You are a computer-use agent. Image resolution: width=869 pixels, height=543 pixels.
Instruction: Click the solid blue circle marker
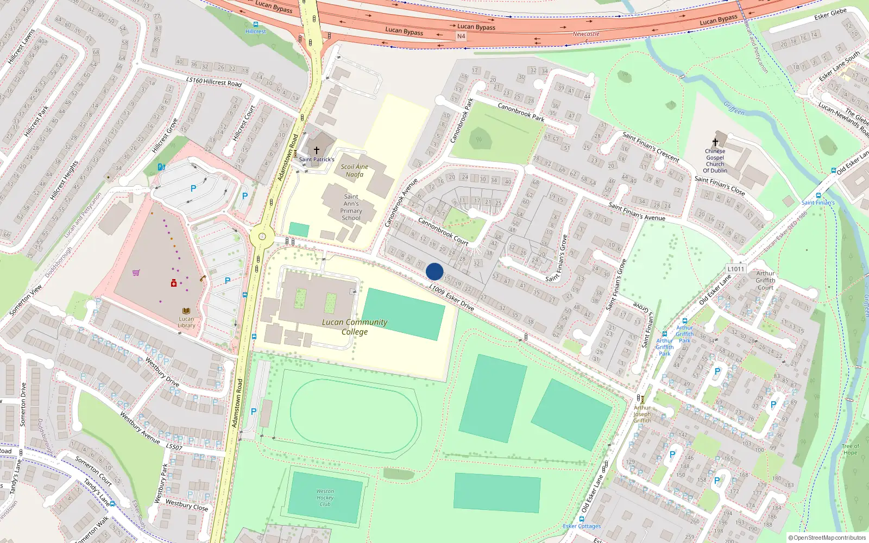[434, 271]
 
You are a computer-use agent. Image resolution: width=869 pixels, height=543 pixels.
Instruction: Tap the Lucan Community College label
[354, 327]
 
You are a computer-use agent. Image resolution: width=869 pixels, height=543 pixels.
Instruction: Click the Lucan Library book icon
[186, 311]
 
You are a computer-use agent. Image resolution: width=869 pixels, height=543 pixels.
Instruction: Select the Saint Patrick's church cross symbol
[317, 150]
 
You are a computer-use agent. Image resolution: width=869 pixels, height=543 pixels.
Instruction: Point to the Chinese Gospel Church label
[715, 161]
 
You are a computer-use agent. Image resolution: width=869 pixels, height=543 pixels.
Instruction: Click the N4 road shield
[461, 36]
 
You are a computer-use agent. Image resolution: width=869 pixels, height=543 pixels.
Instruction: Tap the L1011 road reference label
[736, 269]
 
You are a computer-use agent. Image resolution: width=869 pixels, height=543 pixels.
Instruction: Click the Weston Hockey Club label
[325, 497]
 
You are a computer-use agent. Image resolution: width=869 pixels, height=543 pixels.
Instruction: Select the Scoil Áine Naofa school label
[354, 171]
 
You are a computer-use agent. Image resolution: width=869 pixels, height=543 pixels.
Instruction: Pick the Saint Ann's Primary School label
[351, 207]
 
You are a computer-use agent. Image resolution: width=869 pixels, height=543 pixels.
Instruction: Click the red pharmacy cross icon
[174, 283]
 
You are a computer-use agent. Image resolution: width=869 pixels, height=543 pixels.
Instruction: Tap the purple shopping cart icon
[136, 273]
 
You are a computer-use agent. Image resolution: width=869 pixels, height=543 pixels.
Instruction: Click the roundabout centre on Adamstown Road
[262, 236]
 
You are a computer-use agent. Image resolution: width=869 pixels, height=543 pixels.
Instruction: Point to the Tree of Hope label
[850, 450]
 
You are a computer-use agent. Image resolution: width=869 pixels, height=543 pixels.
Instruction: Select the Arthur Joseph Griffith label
[642, 414]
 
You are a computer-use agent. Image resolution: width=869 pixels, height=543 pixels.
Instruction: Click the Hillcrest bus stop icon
[256, 24]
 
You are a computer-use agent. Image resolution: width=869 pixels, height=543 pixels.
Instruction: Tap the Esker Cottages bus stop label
[582, 526]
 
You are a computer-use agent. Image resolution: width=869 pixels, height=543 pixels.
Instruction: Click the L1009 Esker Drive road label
[451, 297]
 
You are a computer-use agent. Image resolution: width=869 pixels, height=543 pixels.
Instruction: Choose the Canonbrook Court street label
[443, 232]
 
